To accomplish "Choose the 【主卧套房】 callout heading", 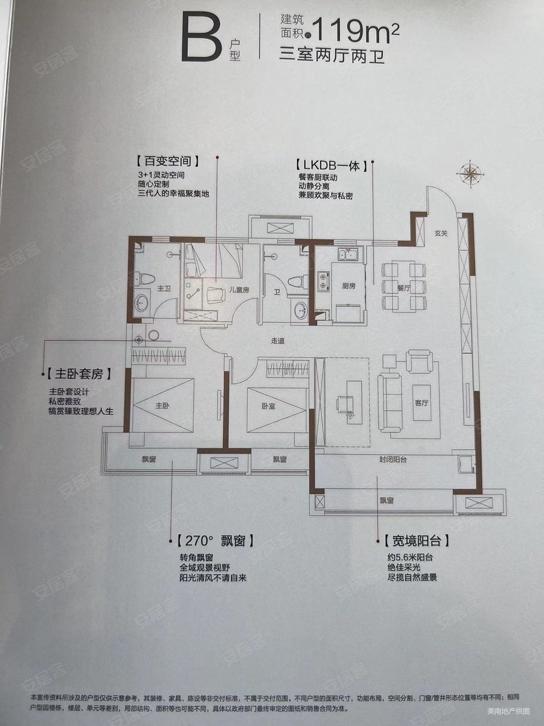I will point(80,374).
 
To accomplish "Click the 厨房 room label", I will point(349,285).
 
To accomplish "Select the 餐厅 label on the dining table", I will point(403,289).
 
